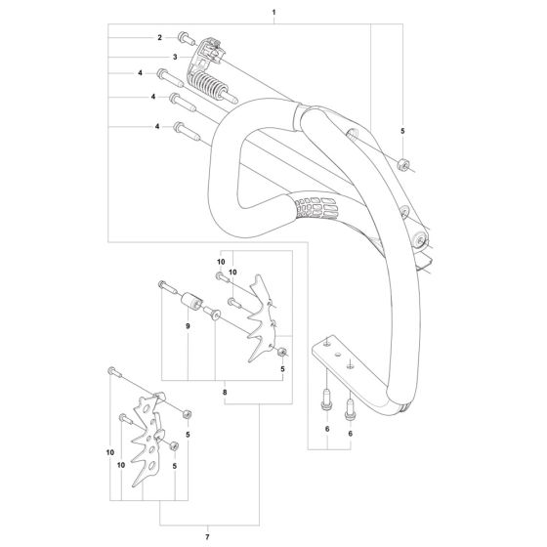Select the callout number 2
(158, 37)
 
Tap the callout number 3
(174, 58)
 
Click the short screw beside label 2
(184, 38)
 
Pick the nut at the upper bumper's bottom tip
(282, 352)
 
